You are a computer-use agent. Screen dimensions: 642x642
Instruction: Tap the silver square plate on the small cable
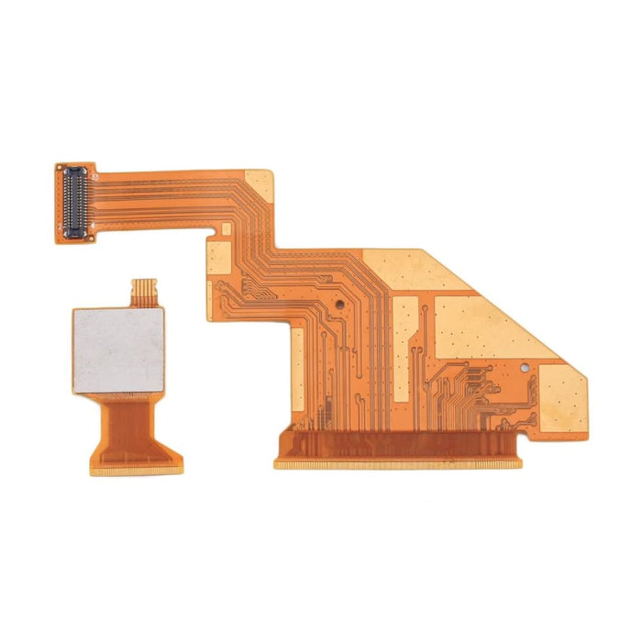point(118,349)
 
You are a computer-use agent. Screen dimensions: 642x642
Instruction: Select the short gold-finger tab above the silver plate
point(144,292)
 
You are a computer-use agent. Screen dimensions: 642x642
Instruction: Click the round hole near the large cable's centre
point(340,300)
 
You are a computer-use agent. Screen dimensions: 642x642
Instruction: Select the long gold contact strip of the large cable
point(397,464)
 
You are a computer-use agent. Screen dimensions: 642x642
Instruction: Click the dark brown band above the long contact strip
point(397,445)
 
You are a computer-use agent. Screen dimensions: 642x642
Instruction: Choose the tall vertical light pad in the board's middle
point(406,349)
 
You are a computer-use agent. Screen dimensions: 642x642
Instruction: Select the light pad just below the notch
point(219,258)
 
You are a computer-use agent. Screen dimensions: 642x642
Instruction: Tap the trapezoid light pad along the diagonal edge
point(486,326)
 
